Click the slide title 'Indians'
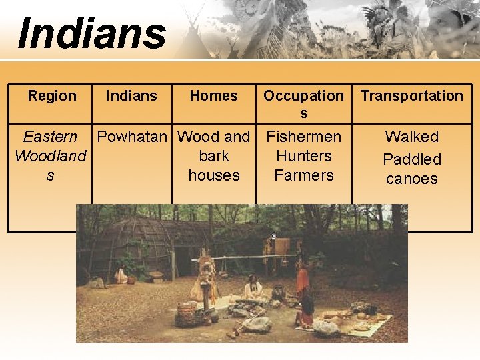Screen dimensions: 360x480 tap(92, 33)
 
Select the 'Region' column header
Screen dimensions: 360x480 tap(52, 96)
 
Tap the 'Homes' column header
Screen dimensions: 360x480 tap(213, 96)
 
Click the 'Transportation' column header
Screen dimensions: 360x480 tap(412, 96)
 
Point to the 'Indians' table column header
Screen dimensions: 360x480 tap(131, 96)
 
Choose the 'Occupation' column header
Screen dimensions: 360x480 tap(303, 96)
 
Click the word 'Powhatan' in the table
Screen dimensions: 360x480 tap(132, 137)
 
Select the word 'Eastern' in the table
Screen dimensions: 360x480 tap(50, 137)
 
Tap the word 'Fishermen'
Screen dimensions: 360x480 tap(303, 137)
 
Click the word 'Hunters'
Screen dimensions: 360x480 tap(303, 156)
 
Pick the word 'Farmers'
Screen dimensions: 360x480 tap(303, 175)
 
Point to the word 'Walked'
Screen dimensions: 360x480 tap(412, 137)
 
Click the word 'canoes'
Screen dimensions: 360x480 tap(412, 179)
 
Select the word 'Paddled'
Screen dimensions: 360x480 tap(412, 159)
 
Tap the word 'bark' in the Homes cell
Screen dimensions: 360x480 tap(213, 156)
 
